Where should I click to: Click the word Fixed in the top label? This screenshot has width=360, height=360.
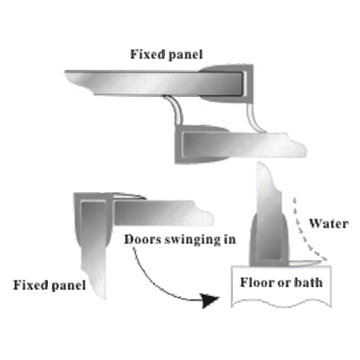pyautogui.click(x=143, y=55)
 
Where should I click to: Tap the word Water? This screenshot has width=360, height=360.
pyautogui.click(x=328, y=224)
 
